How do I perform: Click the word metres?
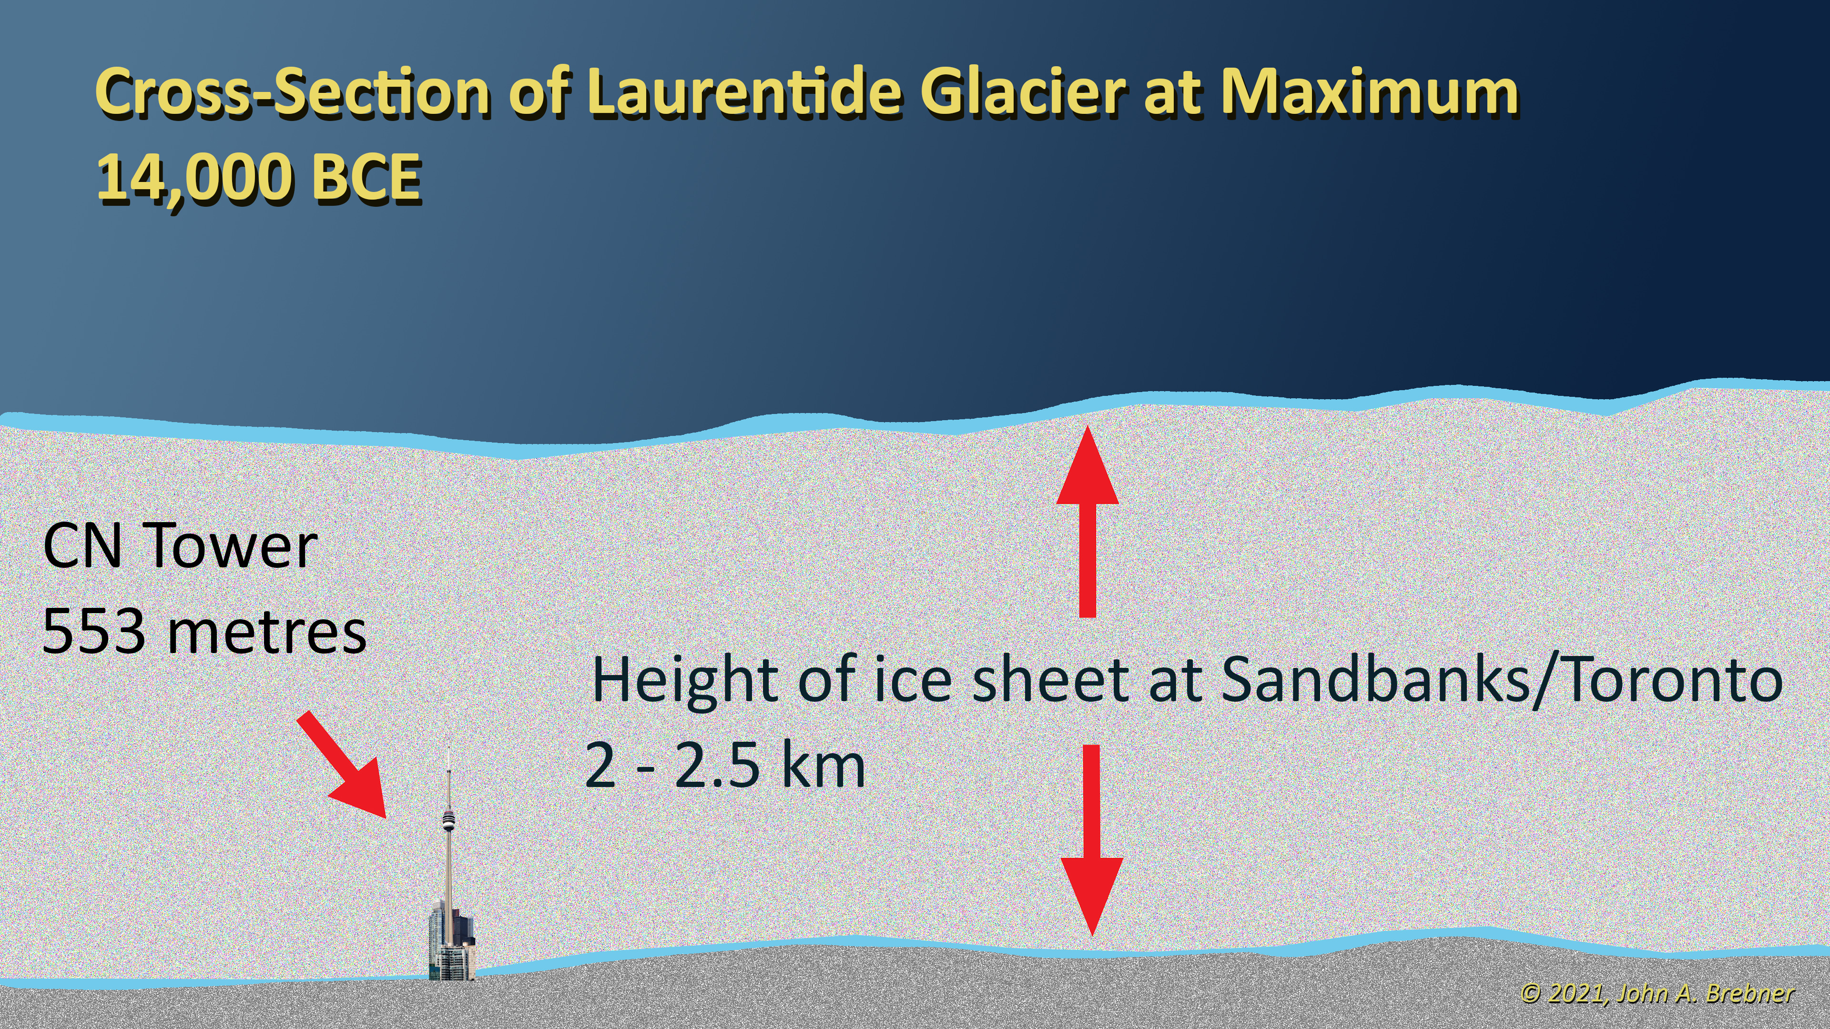[x=266, y=633]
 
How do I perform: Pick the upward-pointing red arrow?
[x=1087, y=521]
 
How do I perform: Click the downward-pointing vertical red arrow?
[x=1092, y=841]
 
